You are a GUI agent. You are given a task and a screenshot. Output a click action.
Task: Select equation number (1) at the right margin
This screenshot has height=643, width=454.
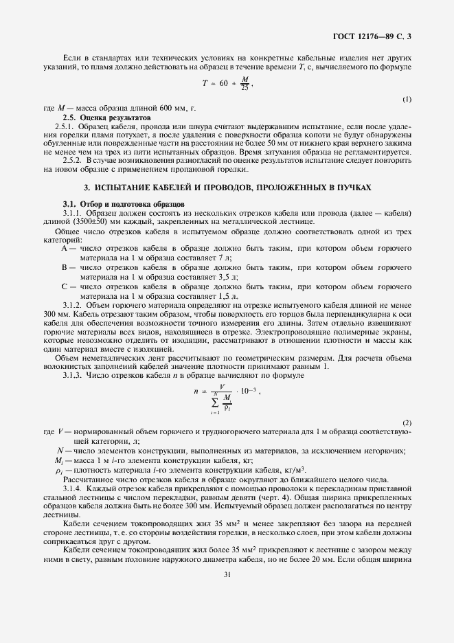[407, 99]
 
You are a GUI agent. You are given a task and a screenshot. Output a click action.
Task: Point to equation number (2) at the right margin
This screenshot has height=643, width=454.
[407, 422]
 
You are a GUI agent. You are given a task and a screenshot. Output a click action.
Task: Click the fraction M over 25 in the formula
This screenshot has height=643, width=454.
[245, 84]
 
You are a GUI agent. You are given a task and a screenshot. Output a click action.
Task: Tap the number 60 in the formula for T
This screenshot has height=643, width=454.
[223, 84]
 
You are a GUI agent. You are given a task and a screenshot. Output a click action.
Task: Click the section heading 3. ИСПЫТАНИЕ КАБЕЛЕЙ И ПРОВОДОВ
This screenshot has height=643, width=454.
[227, 187]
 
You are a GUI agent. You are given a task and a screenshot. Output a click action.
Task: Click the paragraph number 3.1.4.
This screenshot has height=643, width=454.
[72, 486]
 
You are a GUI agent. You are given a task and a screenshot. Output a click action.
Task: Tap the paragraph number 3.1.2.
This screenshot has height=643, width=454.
[72, 305]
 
